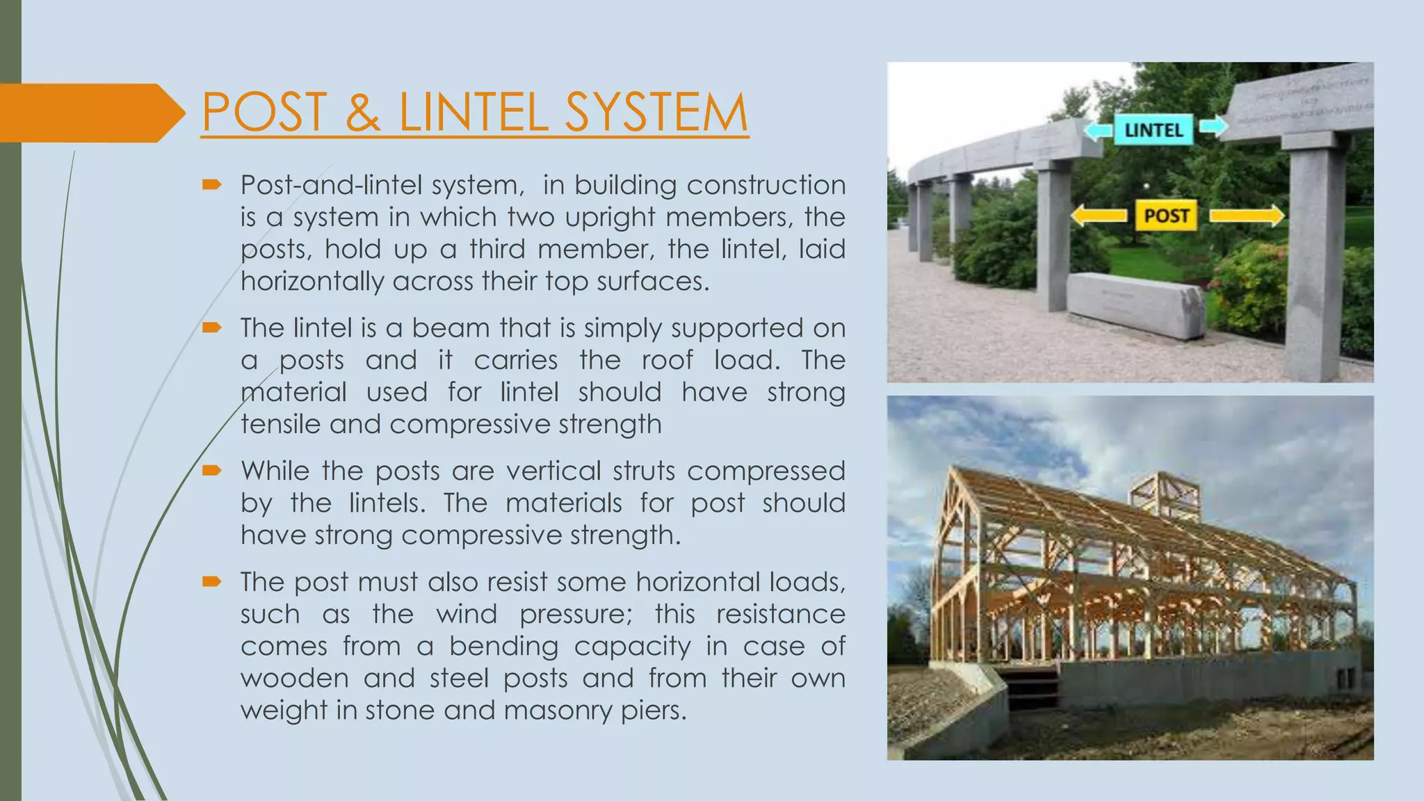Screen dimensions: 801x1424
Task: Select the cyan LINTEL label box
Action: click(1154, 130)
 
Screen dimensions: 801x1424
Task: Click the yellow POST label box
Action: click(1166, 216)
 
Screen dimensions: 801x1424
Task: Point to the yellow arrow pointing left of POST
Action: click(1098, 216)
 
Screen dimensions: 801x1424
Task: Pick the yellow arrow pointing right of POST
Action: click(1247, 216)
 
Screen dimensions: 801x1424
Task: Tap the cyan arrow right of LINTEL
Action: click(1213, 127)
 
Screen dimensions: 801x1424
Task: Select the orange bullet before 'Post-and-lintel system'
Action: click(211, 185)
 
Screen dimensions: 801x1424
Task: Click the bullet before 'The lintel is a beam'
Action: click(211, 327)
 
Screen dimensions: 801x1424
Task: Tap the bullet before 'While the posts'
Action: click(211, 471)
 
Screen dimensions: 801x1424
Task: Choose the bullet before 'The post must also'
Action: click(211, 581)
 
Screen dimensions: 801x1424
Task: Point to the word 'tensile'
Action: click(280, 424)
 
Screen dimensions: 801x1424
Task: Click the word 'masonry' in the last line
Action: click(558, 711)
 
